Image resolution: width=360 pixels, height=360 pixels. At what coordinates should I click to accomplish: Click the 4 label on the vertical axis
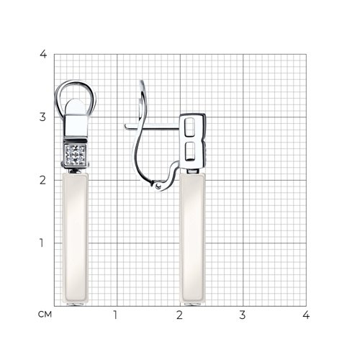pyautogui.click(x=43, y=54)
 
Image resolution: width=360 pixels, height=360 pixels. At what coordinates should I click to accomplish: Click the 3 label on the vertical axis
pyautogui.click(x=42, y=117)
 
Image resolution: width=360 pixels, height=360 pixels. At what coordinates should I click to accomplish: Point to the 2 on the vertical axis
pyautogui.click(x=42, y=180)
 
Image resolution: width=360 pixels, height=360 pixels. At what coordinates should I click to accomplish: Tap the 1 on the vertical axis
pyautogui.click(x=42, y=243)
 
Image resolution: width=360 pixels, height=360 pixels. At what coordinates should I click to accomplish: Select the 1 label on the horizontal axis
pyautogui.click(x=115, y=315)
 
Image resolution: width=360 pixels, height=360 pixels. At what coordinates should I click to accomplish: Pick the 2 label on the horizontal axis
pyautogui.click(x=179, y=315)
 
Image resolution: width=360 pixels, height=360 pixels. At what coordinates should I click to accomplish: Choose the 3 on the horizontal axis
pyautogui.click(x=243, y=315)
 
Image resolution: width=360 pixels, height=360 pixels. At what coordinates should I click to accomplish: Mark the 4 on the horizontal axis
pyautogui.click(x=306, y=315)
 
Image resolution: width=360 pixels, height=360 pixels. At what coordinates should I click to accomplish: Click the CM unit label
pyautogui.click(x=45, y=315)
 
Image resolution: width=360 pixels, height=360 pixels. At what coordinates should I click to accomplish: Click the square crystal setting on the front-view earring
pyautogui.click(x=76, y=155)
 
